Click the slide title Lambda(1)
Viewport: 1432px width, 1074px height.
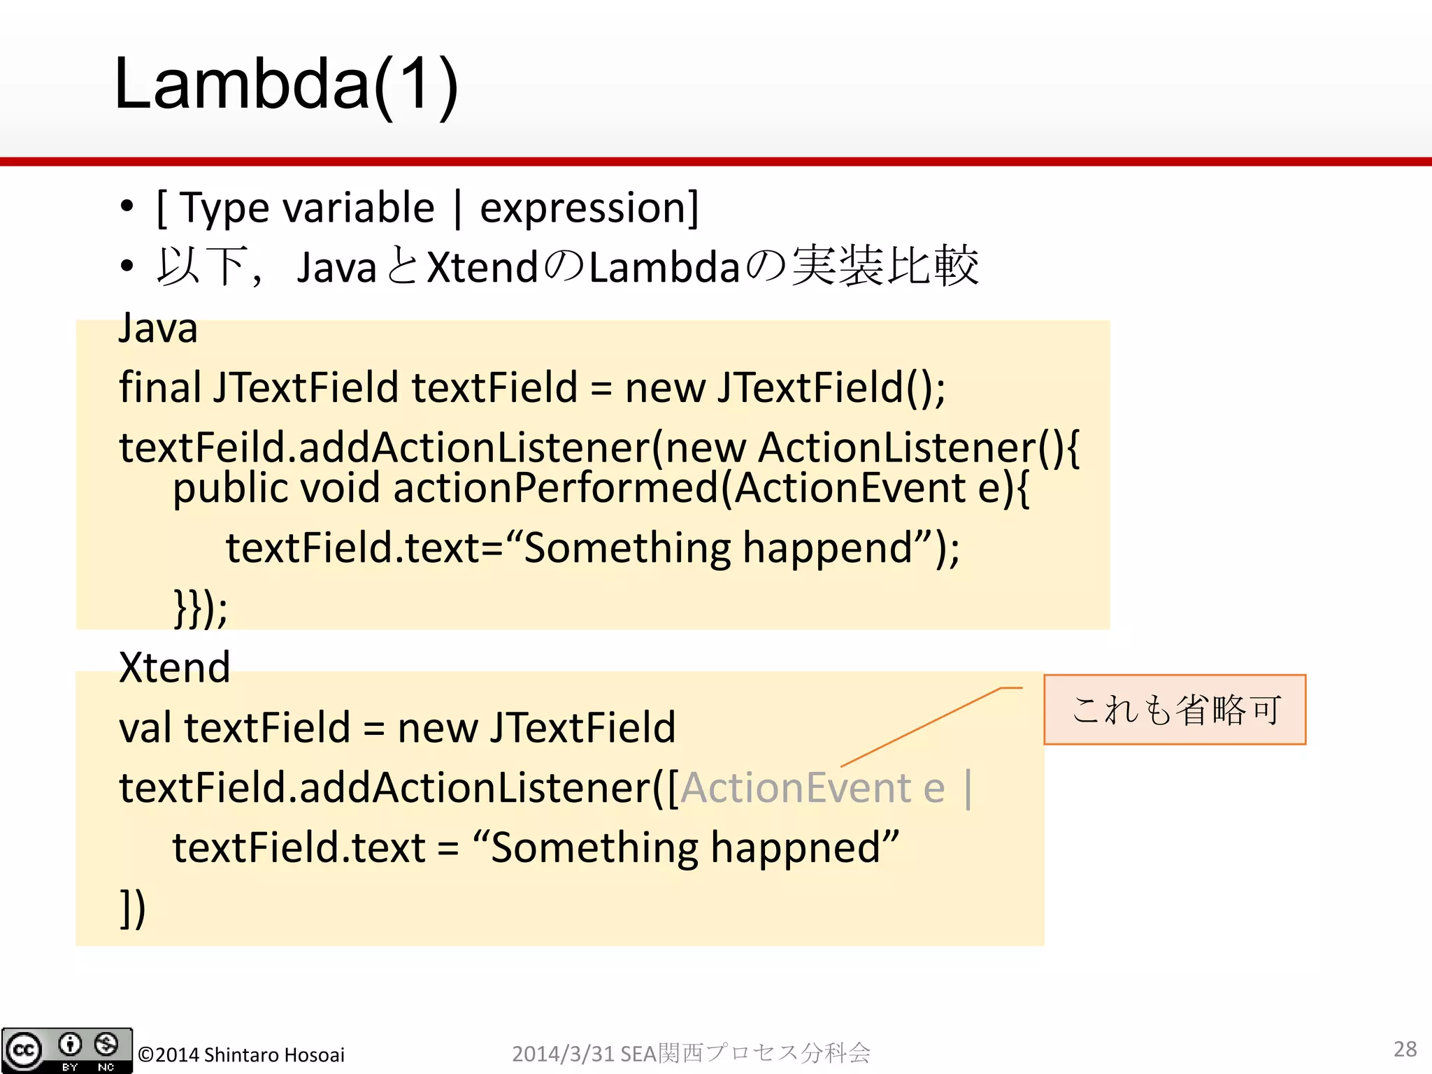[285, 84]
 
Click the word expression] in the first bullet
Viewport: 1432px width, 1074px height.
[589, 208]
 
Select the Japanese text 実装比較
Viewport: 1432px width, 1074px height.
[885, 266]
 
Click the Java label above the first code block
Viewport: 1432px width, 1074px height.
[158, 328]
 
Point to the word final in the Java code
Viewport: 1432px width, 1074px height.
[160, 387]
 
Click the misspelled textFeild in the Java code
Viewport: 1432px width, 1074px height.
[203, 447]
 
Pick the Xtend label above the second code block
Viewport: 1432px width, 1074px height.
[174, 667]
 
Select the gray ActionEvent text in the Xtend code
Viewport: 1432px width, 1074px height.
[795, 788]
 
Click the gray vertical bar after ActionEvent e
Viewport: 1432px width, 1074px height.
[968, 788]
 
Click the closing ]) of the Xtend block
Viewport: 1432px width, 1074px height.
[132, 908]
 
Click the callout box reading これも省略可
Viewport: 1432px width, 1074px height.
[1175, 709]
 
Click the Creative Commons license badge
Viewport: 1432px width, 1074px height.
[66, 1050]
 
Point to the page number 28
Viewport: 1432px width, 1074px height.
[1405, 1049]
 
